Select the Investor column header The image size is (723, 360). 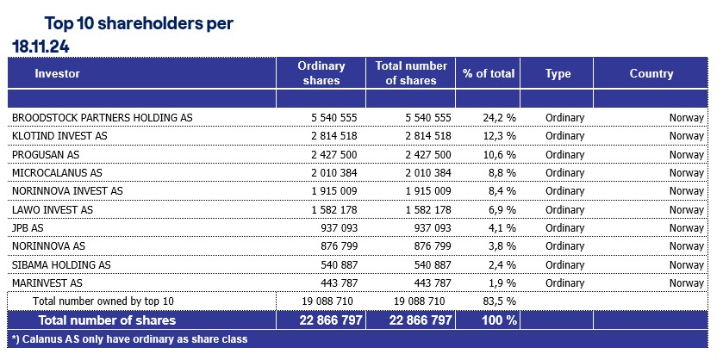(x=57, y=74)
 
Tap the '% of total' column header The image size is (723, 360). (x=488, y=74)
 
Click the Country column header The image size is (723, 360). (x=651, y=74)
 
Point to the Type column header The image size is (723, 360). (x=558, y=74)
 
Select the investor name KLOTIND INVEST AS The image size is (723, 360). (x=59, y=136)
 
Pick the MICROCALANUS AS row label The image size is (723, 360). (x=57, y=172)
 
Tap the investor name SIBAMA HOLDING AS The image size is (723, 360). (x=61, y=264)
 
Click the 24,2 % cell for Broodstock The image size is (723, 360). (x=499, y=117)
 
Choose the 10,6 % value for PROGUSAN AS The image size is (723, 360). (x=499, y=154)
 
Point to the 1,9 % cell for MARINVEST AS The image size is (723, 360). (x=502, y=282)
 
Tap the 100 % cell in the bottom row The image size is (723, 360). (x=500, y=320)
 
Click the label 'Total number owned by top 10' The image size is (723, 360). (x=103, y=301)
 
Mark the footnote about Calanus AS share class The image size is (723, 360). (x=129, y=339)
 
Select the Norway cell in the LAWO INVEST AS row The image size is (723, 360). (x=686, y=209)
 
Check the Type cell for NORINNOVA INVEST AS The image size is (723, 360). (x=564, y=191)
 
